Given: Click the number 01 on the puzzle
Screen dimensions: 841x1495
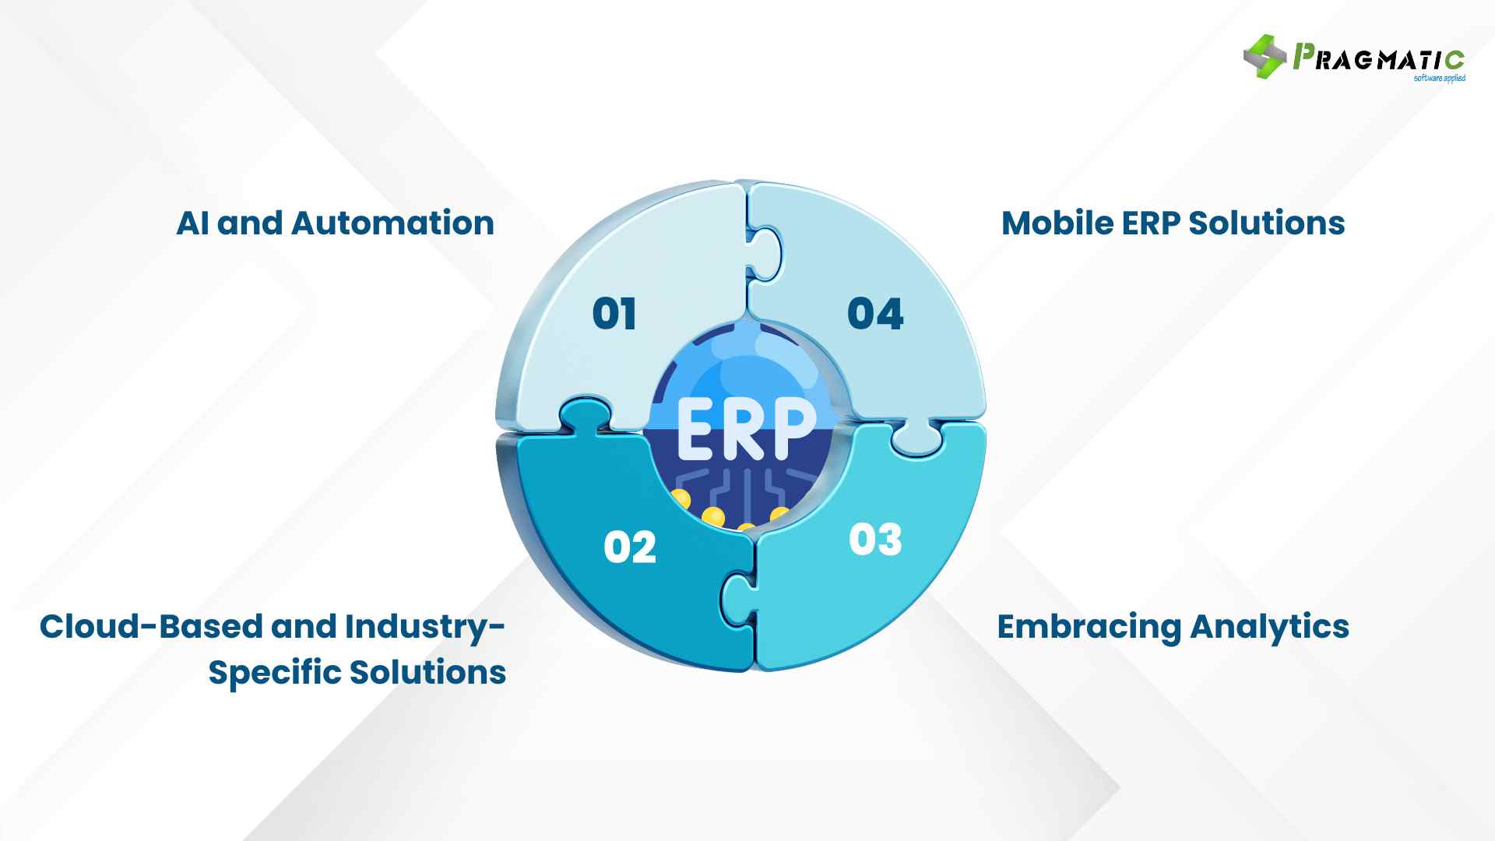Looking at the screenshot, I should point(614,314).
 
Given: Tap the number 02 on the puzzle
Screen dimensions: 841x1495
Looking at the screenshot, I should point(630,547).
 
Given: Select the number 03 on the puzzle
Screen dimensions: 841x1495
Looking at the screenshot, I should point(875,540).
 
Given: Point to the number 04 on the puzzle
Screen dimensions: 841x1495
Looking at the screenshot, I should point(875,314).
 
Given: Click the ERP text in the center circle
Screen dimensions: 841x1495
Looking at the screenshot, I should point(745,430).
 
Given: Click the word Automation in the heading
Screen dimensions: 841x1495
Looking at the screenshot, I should point(392,223).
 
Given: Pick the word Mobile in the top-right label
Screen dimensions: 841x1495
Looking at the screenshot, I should point(1057,223).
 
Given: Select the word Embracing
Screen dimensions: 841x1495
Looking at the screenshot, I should point(1089,628).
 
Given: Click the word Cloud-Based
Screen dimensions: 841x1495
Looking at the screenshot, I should point(151,627).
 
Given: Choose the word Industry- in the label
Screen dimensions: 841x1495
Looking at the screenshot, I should point(425,628).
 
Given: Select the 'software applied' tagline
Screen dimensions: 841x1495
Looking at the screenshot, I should point(1439,78).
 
